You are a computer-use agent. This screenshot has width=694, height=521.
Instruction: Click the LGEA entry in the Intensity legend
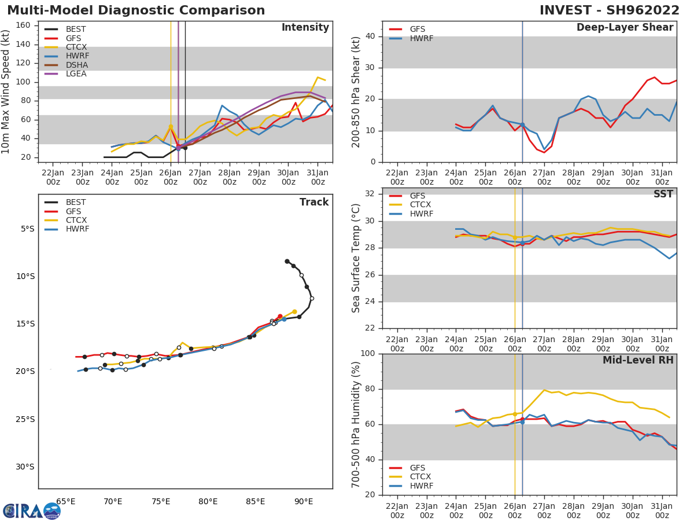[76, 74]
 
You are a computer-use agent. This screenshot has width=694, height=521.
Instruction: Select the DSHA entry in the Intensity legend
[76, 65]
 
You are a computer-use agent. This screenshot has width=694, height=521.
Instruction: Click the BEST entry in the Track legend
[75, 203]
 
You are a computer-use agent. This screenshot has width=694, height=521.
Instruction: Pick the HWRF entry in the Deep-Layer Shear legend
[420, 39]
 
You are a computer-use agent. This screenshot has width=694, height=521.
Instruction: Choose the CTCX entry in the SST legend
[420, 205]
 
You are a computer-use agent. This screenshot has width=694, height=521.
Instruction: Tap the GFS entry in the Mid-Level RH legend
[417, 468]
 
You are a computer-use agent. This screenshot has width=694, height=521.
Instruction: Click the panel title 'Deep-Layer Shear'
[625, 28]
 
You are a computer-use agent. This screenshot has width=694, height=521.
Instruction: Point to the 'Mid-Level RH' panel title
[638, 361]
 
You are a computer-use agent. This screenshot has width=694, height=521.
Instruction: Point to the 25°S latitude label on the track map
[27, 419]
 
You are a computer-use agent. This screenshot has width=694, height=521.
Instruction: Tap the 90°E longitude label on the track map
[304, 501]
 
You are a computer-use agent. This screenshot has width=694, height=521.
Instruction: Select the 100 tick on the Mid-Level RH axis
[368, 354]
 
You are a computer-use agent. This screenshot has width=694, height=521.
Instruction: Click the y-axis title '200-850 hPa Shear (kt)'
[356, 91]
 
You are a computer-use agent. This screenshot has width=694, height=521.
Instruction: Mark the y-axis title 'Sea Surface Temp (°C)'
[356, 258]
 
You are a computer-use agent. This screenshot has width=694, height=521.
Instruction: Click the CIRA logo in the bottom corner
[32, 511]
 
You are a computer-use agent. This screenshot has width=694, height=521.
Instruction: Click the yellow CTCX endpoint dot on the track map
[294, 312]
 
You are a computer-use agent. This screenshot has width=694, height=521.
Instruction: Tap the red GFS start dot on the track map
[280, 317]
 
